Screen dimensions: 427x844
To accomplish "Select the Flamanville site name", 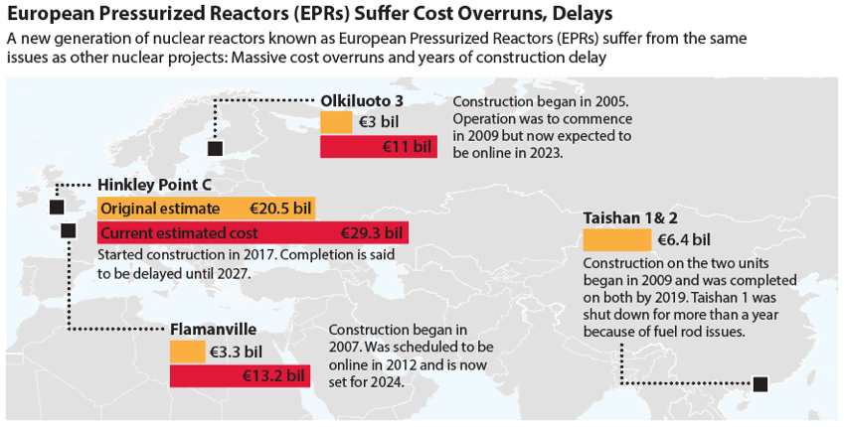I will (x=213, y=329).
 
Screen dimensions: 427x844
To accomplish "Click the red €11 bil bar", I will (x=378, y=147).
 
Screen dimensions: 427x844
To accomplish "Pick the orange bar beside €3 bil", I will (x=336, y=123).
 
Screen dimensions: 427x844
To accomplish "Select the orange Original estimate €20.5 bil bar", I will (x=206, y=209).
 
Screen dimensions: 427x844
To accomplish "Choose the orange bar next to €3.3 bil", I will (x=187, y=352).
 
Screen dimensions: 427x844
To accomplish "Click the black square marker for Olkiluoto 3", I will (x=214, y=149).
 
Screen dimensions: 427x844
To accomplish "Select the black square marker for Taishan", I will (x=760, y=384).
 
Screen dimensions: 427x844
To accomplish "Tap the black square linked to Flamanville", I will (x=68, y=231).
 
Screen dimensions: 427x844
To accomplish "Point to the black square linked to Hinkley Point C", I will (x=56, y=207).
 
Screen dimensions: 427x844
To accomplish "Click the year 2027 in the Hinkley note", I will (x=222, y=273).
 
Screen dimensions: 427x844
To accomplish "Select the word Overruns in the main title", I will (x=503, y=14).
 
